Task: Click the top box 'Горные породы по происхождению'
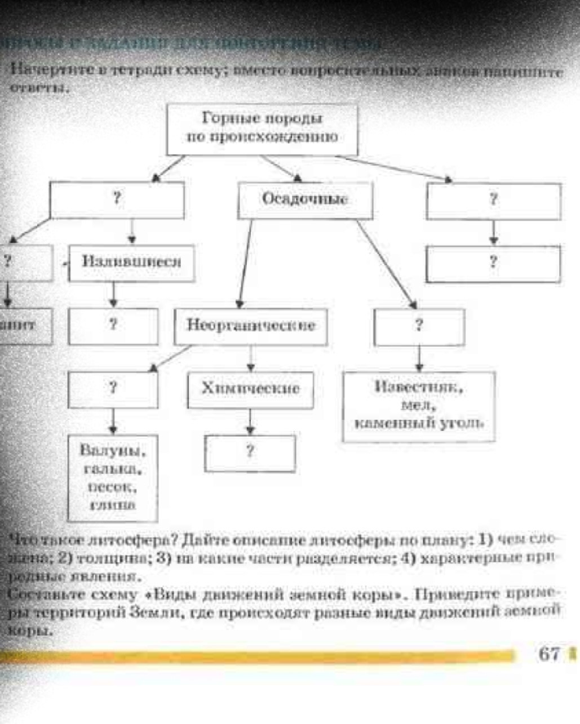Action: point(263,129)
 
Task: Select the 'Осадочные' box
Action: point(305,200)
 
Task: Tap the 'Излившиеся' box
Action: point(132,263)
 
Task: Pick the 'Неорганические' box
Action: point(251,326)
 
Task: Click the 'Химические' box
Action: point(251,389)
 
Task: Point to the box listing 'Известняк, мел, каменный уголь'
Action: point(419,406)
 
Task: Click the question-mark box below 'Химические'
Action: point(250,453)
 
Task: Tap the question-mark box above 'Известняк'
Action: point(419,326)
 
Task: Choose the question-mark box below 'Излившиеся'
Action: point(113,326)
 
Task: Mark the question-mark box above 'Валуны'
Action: point(113,389)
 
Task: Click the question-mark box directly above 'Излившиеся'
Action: point(117,200)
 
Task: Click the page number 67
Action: point(549,654)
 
